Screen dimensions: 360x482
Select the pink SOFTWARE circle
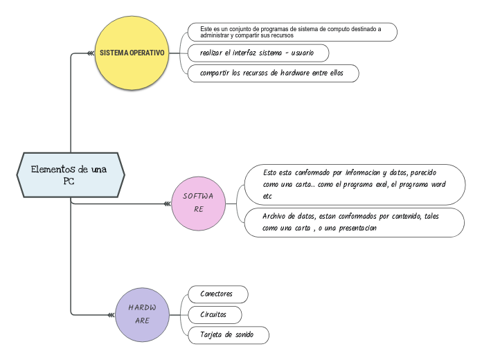tap(199, 202)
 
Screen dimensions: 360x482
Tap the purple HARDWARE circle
tap(142, 314)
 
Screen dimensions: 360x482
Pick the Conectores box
tap(218, 294)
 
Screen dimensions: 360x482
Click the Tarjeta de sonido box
tap(229, 336)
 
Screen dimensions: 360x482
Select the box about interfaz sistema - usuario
tap(258, 53)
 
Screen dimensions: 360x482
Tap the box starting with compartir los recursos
tap(274, 73)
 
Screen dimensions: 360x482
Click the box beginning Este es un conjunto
tap(292, 32)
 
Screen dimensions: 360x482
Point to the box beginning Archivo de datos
tap(354, 222)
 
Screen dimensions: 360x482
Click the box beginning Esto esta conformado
tap(354, 184)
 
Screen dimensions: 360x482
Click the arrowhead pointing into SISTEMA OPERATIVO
tap(91, 53)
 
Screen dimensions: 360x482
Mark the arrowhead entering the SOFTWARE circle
tap(167, 204)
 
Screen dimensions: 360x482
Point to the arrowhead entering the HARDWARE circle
tap(111, 315)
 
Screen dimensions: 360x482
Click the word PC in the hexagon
tap(69, 181)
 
